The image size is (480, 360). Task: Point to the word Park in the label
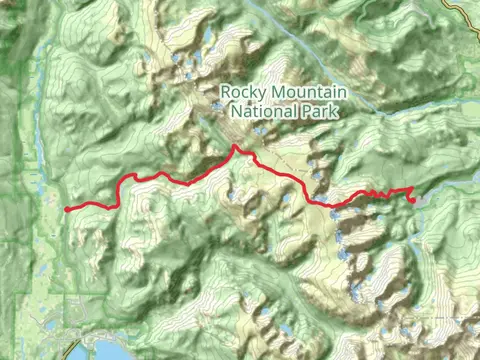(x=316, y=110)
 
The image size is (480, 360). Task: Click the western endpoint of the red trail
(x=66, y=209)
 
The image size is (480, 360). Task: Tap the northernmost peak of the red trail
(x=235, y=147)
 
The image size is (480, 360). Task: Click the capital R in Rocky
(x=225, y=93)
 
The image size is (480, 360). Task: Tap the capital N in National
(x=236, y=110)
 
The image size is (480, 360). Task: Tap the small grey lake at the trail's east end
(x=420, y=200)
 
